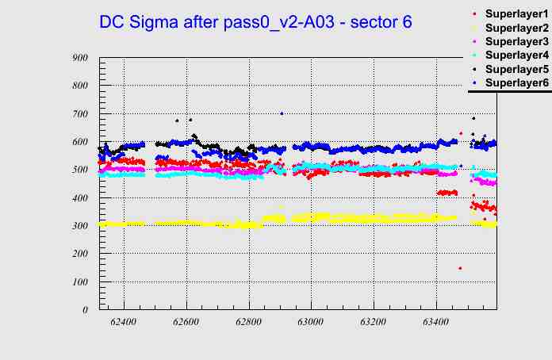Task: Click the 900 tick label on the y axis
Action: coord(79,58)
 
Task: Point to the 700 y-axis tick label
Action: coord(79,114)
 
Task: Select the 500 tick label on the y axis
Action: coord(79,170)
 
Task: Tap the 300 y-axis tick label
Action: coord(79,226)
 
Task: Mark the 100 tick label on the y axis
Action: coord(79,282)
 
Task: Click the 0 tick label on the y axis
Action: coord(85,310)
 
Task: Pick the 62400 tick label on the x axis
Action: coord(124,323)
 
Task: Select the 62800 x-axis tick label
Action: coord(248,323)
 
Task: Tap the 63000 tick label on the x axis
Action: coord(311,323)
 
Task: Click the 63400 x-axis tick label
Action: coord(435,323)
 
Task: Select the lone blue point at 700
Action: coord(282,113)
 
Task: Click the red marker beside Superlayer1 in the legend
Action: coord(474,15)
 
